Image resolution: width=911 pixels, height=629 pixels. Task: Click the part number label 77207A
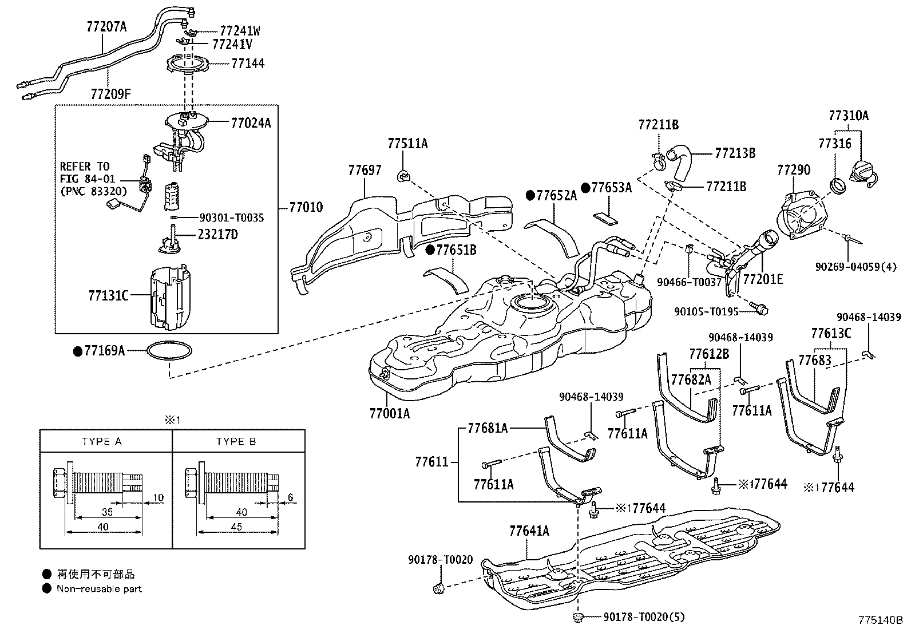click(106, 26)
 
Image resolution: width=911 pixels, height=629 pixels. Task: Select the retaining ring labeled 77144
click(188, 64)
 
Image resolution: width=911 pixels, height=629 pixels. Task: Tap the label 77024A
click(251, 122)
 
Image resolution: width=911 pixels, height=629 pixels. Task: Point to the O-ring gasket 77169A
click(170, 350)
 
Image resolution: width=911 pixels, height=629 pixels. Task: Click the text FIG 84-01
click(88, 179)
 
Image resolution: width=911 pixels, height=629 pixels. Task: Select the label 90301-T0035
click(232, 217)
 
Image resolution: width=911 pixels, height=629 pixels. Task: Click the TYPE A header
click(102, 442)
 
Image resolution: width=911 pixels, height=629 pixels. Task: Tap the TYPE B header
click(236, 442)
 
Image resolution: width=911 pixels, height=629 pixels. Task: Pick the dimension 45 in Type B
click(236, 527)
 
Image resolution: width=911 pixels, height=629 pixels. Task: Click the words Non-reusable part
click(99, 588)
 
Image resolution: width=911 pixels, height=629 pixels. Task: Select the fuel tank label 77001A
click(389, 413)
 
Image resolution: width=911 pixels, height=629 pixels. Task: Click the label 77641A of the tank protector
click(529, 531)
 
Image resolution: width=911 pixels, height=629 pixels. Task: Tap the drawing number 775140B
click(880, 620)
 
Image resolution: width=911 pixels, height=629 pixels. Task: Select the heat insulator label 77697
click(365, 170)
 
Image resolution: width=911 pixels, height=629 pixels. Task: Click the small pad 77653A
click(605, 217)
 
